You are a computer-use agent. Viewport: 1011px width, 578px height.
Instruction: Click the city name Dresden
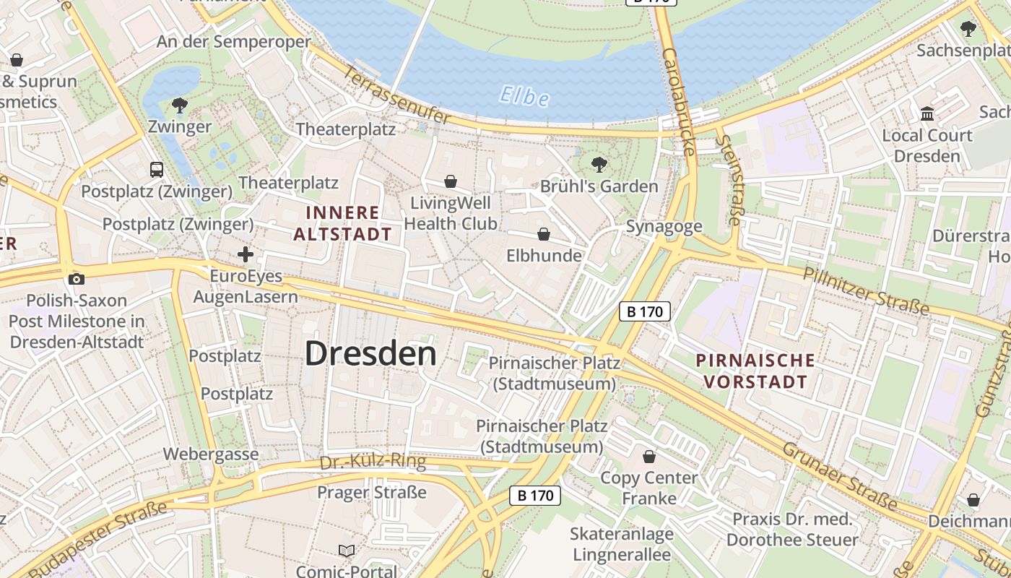(370, 354)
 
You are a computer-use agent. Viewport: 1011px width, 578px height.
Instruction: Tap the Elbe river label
(525, 97)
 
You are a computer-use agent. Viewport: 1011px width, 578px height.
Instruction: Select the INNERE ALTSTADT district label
(342, 223)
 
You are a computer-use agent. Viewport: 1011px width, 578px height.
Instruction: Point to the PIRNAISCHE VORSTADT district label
(755, 371)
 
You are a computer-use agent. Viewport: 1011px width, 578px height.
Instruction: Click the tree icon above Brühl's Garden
(599, 164)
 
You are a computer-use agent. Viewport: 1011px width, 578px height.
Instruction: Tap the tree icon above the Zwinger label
(180, 105)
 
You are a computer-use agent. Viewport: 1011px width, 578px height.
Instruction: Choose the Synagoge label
(664, 227)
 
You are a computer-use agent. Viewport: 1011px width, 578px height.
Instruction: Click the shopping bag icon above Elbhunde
(544, 234)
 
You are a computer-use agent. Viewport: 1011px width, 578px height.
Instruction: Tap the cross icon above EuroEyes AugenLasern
(246, 254)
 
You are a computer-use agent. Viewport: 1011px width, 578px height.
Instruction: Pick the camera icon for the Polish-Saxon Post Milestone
(76, 279)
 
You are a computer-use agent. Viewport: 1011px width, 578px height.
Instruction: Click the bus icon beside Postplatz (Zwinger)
(157, 170)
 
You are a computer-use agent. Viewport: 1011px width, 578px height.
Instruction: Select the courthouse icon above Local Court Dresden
(927, 114)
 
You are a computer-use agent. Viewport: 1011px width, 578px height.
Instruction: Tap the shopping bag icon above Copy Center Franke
(649, 457)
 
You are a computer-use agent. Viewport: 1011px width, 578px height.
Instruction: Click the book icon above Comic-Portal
(347, 551)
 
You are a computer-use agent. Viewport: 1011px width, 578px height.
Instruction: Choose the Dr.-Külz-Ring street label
(373, 462)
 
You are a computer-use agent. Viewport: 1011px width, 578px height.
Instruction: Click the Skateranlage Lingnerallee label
(622, 544)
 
